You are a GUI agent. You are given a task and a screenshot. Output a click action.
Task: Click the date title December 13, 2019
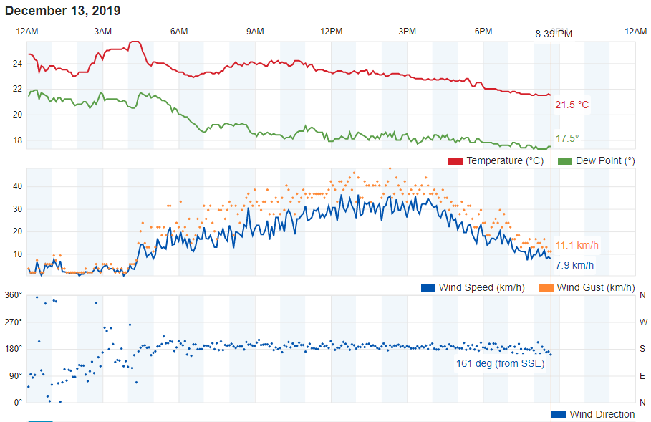[63, 11]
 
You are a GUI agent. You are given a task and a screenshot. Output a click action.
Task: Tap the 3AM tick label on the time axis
[103, 31]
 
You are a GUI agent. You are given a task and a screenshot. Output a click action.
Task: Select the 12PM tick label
[331, 31]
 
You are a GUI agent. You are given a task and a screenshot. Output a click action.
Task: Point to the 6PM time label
[483, 31]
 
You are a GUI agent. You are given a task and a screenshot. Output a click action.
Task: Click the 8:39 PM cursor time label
[554, 34]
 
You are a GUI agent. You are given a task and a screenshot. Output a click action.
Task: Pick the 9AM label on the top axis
[255, 31]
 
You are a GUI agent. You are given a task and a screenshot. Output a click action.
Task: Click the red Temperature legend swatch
[455, 160]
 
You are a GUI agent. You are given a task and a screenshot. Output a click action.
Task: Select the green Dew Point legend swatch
[564, 160]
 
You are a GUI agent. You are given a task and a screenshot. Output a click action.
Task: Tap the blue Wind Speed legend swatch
[428, 287]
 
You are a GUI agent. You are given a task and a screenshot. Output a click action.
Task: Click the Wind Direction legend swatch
[559, 414]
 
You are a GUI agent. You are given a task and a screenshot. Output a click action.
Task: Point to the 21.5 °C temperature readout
[572, 105]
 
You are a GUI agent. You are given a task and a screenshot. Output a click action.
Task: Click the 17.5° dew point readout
[567, 138]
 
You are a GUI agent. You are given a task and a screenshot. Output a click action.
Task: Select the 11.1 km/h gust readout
[577, 246]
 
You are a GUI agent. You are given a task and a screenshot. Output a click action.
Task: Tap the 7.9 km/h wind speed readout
[574, 265]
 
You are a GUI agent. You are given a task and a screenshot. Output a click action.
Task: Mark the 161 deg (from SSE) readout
[500, 363]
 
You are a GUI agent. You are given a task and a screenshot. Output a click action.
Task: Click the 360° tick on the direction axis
[14, 294]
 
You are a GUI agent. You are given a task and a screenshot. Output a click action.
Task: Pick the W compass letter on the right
[642, 322]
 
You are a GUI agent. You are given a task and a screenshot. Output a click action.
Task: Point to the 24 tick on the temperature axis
[17, 64]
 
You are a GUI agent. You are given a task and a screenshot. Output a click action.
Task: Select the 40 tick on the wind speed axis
[17, 186]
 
